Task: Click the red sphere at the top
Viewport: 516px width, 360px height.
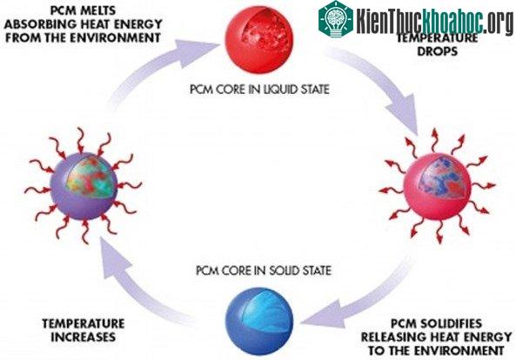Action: (258, 39)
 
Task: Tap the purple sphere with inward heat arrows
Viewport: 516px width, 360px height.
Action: (84, 186)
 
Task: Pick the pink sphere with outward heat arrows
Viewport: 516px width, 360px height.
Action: (438, 186)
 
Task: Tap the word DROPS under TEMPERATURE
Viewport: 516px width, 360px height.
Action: (438, 51)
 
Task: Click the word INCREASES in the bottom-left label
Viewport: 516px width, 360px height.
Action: (84, 337)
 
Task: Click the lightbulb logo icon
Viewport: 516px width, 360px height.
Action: (336, 19)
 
